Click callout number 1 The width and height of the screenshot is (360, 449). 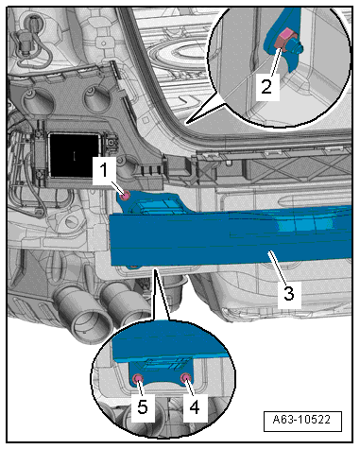(x=104, y=170)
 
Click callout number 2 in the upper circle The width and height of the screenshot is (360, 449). (x=266, y=86)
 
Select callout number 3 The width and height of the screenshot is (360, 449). (x=289, y=293)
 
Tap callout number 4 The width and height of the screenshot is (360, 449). (x=195, y=406)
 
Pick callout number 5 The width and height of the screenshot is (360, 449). (x=143, y=406)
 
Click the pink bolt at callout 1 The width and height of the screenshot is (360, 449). (x=126, y=196)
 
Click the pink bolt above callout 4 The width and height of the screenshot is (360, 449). (x=185, y=377)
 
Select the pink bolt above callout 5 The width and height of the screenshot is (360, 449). (x=138, y=378)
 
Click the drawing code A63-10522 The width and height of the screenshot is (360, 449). (x=301, y=420)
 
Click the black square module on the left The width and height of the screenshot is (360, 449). (x=75, y=155)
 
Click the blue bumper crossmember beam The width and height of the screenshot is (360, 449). (x=231, y=234)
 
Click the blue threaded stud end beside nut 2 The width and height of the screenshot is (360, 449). (x=298, y=48)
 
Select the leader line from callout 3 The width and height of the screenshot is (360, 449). (x=278, y=267)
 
